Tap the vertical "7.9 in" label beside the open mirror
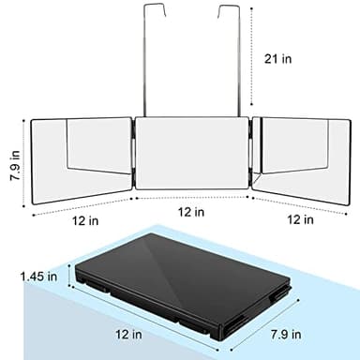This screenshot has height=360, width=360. point(11,156)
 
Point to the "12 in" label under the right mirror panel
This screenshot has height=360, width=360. point(300,220)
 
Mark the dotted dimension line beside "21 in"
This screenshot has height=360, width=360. point(251,56)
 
